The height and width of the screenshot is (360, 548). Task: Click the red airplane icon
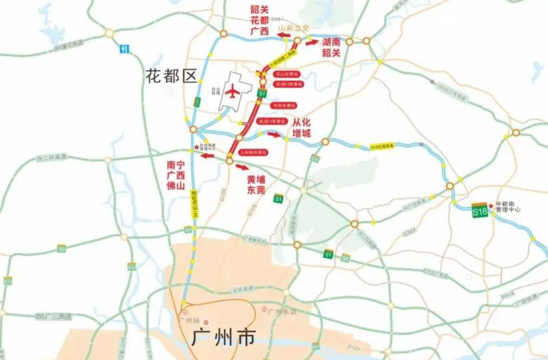232,91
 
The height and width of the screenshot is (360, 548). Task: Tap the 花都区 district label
172,74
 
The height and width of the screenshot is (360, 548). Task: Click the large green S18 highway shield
480,210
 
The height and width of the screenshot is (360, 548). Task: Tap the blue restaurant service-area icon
124,49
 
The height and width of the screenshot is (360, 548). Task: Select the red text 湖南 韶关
331,48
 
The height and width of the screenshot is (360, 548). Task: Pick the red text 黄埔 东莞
260,184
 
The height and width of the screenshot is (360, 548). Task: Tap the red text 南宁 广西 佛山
174,175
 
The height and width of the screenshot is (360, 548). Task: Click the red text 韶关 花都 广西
260,20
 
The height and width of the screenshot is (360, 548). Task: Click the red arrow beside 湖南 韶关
312,41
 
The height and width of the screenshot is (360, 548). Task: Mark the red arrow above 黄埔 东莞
241,167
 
